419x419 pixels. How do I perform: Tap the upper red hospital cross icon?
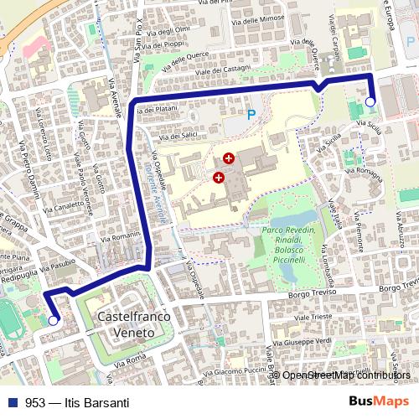(x=228, y=158)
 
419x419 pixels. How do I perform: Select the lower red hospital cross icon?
(x=219, y=177)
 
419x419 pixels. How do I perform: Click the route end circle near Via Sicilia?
(x=370, y=102)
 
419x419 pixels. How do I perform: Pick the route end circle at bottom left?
(x=54, y=320)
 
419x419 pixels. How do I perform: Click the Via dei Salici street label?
(x=177, y=135)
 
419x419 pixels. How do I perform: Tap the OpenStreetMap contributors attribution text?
(x=346, y=375)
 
